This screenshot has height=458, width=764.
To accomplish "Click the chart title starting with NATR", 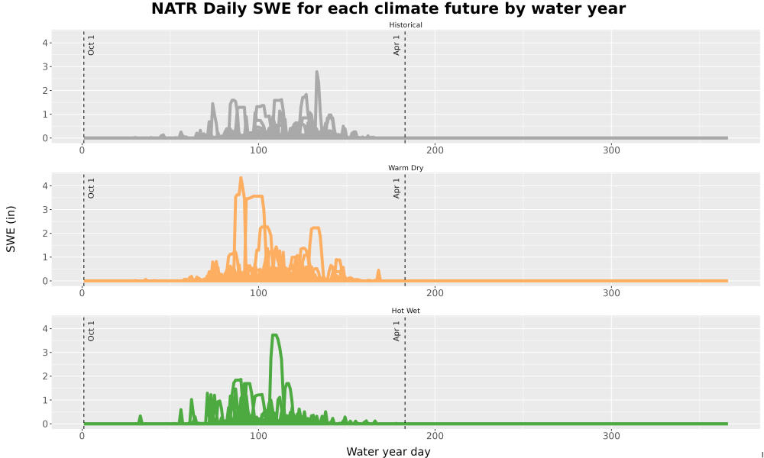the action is click(388, 8).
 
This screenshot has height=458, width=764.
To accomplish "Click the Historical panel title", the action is click(406, 25).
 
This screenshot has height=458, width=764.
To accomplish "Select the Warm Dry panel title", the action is click(406, 168).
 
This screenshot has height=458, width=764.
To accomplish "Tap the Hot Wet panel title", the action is click(406, 311).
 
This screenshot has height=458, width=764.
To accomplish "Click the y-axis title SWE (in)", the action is click(11, 229).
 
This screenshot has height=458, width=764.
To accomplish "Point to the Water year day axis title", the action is click(388, 451).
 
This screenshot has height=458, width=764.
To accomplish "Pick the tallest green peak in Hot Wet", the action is click(275, 335).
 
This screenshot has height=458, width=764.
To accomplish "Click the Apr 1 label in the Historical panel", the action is click(397, 45).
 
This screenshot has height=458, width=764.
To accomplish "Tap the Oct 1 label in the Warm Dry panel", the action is click(91, 188).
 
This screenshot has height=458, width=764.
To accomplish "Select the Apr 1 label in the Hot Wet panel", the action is click(397, 331).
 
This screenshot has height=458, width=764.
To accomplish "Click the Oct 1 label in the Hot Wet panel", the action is click(91, 331).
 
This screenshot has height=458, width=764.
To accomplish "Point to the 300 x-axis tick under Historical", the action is click(611, 150).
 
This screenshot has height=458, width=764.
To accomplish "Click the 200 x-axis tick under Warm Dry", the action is click(435, 293).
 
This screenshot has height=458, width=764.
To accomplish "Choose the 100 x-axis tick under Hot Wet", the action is click(258, 436).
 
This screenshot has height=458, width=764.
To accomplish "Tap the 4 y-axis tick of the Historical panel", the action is click(45, 43).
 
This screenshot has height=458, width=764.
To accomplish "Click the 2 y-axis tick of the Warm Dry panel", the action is click(45, 234).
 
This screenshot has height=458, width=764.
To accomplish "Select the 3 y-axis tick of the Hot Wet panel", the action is click(45, 353).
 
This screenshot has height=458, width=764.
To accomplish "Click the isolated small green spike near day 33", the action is click(141, 418).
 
